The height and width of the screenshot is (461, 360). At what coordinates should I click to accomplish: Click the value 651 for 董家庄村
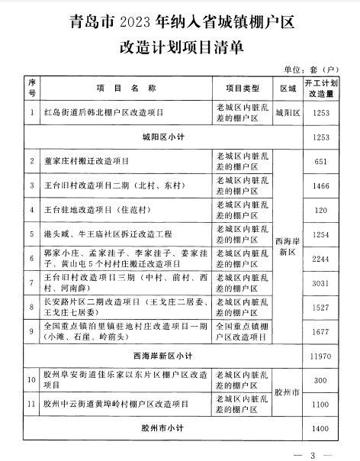[x=320, y=161]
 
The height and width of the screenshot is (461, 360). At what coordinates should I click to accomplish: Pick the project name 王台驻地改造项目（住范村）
[x=99, y=210]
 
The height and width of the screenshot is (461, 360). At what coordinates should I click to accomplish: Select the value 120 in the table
[x=320, y=210]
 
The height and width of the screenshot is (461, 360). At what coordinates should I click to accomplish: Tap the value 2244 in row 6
[x=320, y=259]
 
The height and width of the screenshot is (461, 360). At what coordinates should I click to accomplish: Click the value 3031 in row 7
[x=320, y=283]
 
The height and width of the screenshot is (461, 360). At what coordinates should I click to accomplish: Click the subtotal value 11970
[x=320, y=356]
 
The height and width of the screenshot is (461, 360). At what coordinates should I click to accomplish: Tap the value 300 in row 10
[x=320, y=381]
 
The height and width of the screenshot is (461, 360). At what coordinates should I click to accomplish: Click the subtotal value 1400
[x=320, y=430]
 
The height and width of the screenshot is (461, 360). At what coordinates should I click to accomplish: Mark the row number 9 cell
[x=33, y=331]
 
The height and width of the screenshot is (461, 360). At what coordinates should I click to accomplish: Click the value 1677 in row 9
[x=320, y=332]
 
